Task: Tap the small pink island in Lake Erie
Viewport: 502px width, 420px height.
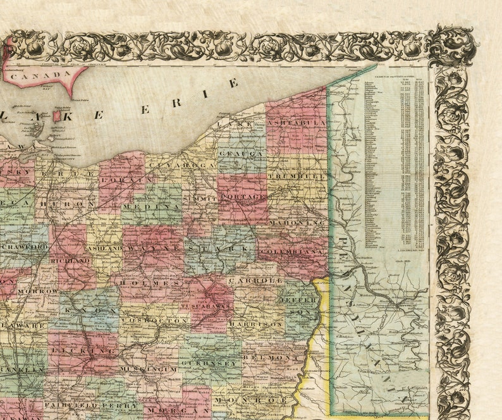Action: [57, 115]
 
